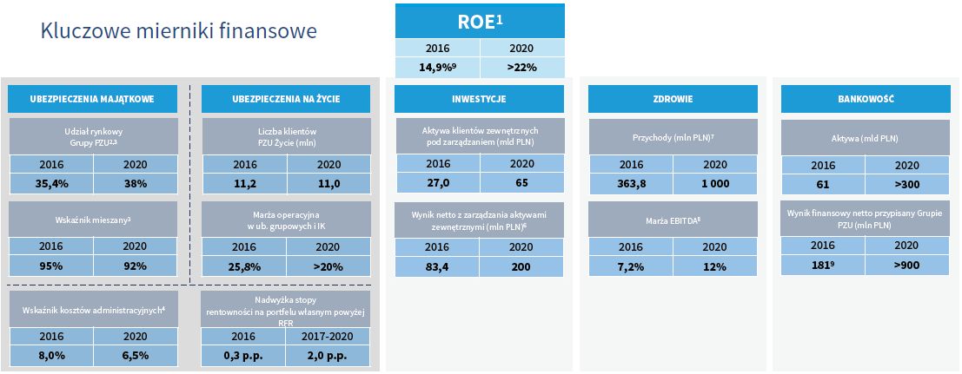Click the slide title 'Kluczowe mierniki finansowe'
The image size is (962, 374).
click(178, 32)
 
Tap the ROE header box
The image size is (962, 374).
click(480, 21)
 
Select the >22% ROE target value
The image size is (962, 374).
click(521, 67)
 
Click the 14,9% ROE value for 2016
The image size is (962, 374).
click(437, 67)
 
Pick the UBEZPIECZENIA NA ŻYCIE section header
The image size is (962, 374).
click(286, 99)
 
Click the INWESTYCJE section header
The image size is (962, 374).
click(479, 99)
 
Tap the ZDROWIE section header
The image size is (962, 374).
click(673, 99)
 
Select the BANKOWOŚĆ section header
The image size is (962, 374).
click(866, 99)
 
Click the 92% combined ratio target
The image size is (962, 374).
click(135, 266)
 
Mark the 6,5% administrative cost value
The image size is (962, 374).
click(135, 355)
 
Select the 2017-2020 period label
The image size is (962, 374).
click(328, 336)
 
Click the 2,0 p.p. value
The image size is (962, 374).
click(328, 355)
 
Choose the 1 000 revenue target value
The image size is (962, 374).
click(714, 183)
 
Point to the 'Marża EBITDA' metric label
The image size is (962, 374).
click(673, 221)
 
